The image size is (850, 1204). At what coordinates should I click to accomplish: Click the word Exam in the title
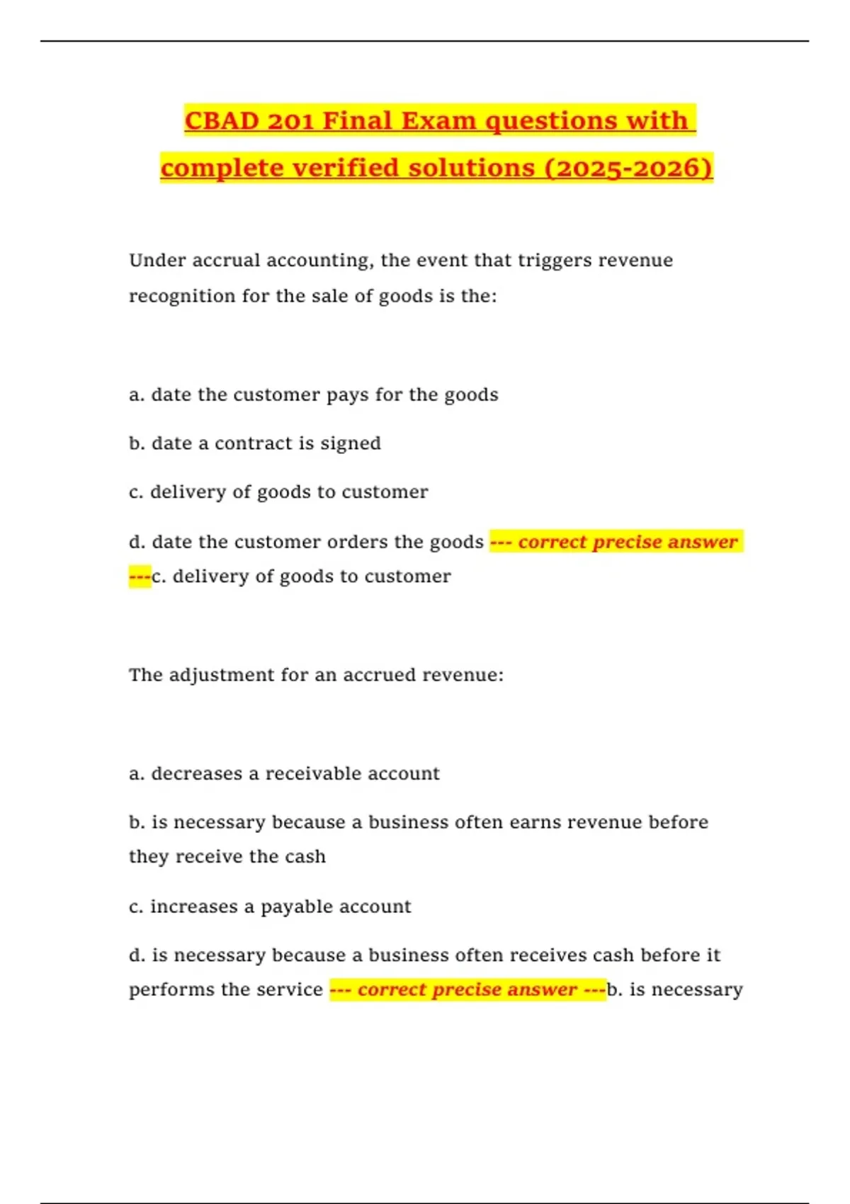point(439,121)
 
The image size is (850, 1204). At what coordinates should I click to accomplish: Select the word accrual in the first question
point(226,261)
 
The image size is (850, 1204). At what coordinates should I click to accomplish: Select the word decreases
point(196,773)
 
